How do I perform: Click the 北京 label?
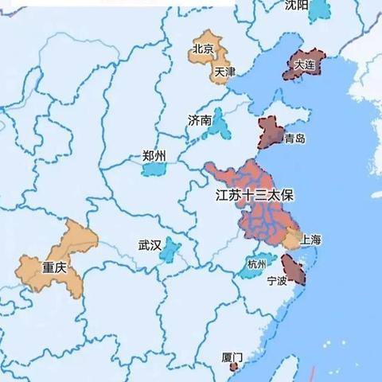pos(203,49)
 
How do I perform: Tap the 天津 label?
pos(224,72)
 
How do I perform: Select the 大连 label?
pos(303,64)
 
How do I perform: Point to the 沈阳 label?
pos(296,6)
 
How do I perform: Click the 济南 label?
pos(200,120)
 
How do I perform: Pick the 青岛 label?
pos(294,138)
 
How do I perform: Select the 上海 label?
pos(311,240)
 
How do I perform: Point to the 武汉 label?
pos(150,246)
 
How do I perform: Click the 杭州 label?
pos(258,264)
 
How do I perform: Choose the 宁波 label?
pos(277,281)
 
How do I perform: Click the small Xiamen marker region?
pos(233,367)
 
